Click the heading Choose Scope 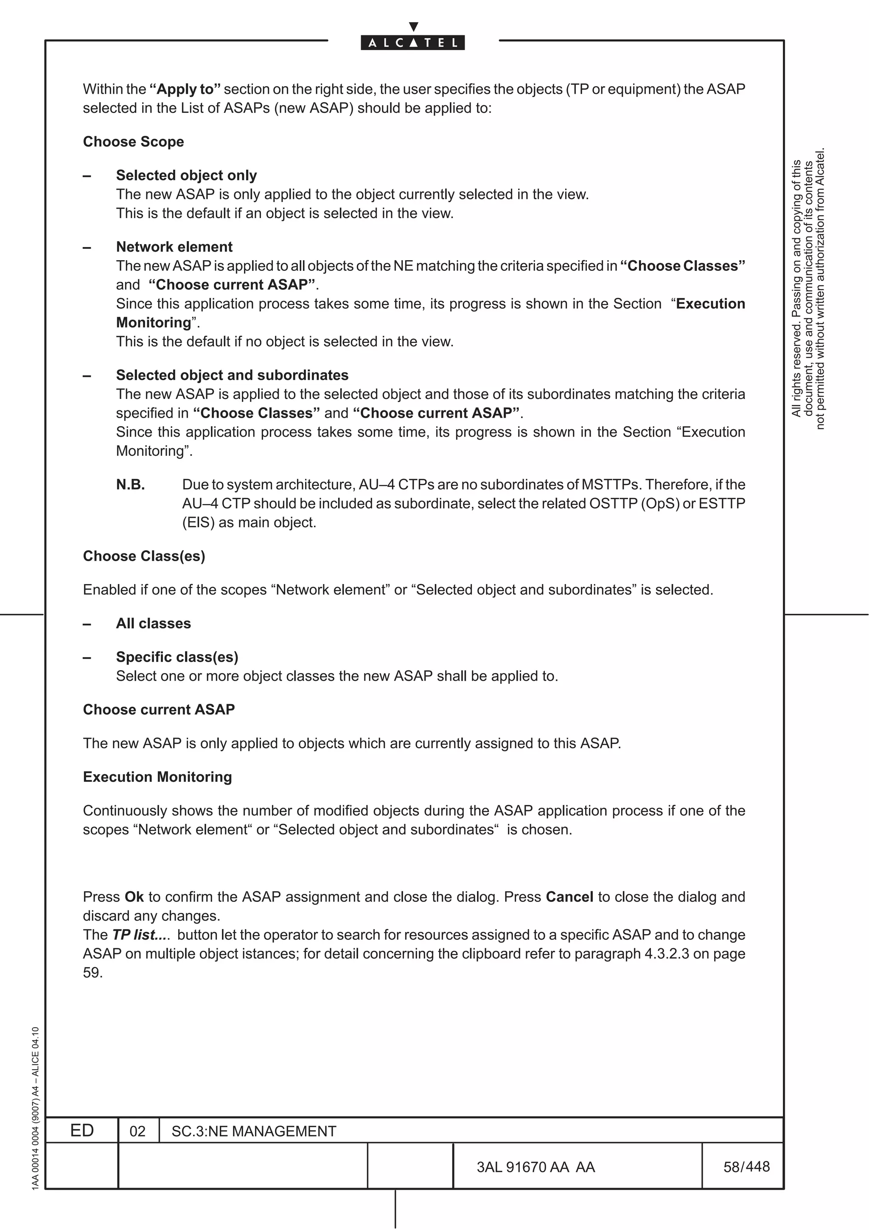click(133, 142)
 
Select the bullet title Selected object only click(186, 175)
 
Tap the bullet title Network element click(174, 247)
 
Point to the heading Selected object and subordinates click(232, 375)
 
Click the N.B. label click(130, 485)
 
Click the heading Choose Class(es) click(144, 556)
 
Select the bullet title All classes click(153, 623)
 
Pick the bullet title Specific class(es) click(177, 657)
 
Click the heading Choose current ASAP click(159, 710)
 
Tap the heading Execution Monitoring click(157, 777)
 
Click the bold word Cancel click(569, 897)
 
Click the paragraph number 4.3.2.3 click(666, 954)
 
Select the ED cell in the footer click(82, 1130)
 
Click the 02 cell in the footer click(137, 1132)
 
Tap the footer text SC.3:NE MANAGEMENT click(254, 1132)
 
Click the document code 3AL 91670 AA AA click(535, 1167)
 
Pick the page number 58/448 click(746, 1167)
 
